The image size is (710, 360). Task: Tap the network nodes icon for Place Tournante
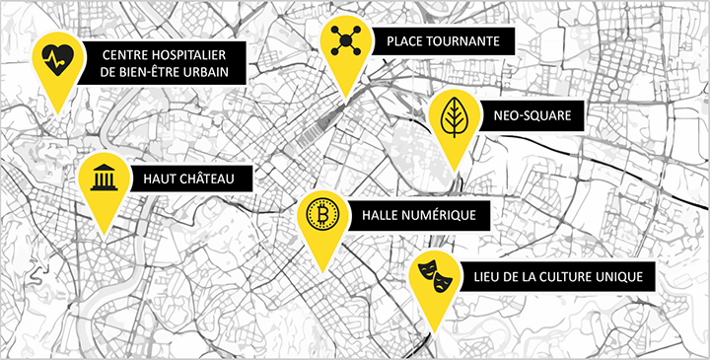point(346,40)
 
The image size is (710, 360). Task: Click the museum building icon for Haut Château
point(103,179)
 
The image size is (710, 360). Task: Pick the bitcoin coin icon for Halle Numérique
point(321,214)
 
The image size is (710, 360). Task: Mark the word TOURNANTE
point(470,41)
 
